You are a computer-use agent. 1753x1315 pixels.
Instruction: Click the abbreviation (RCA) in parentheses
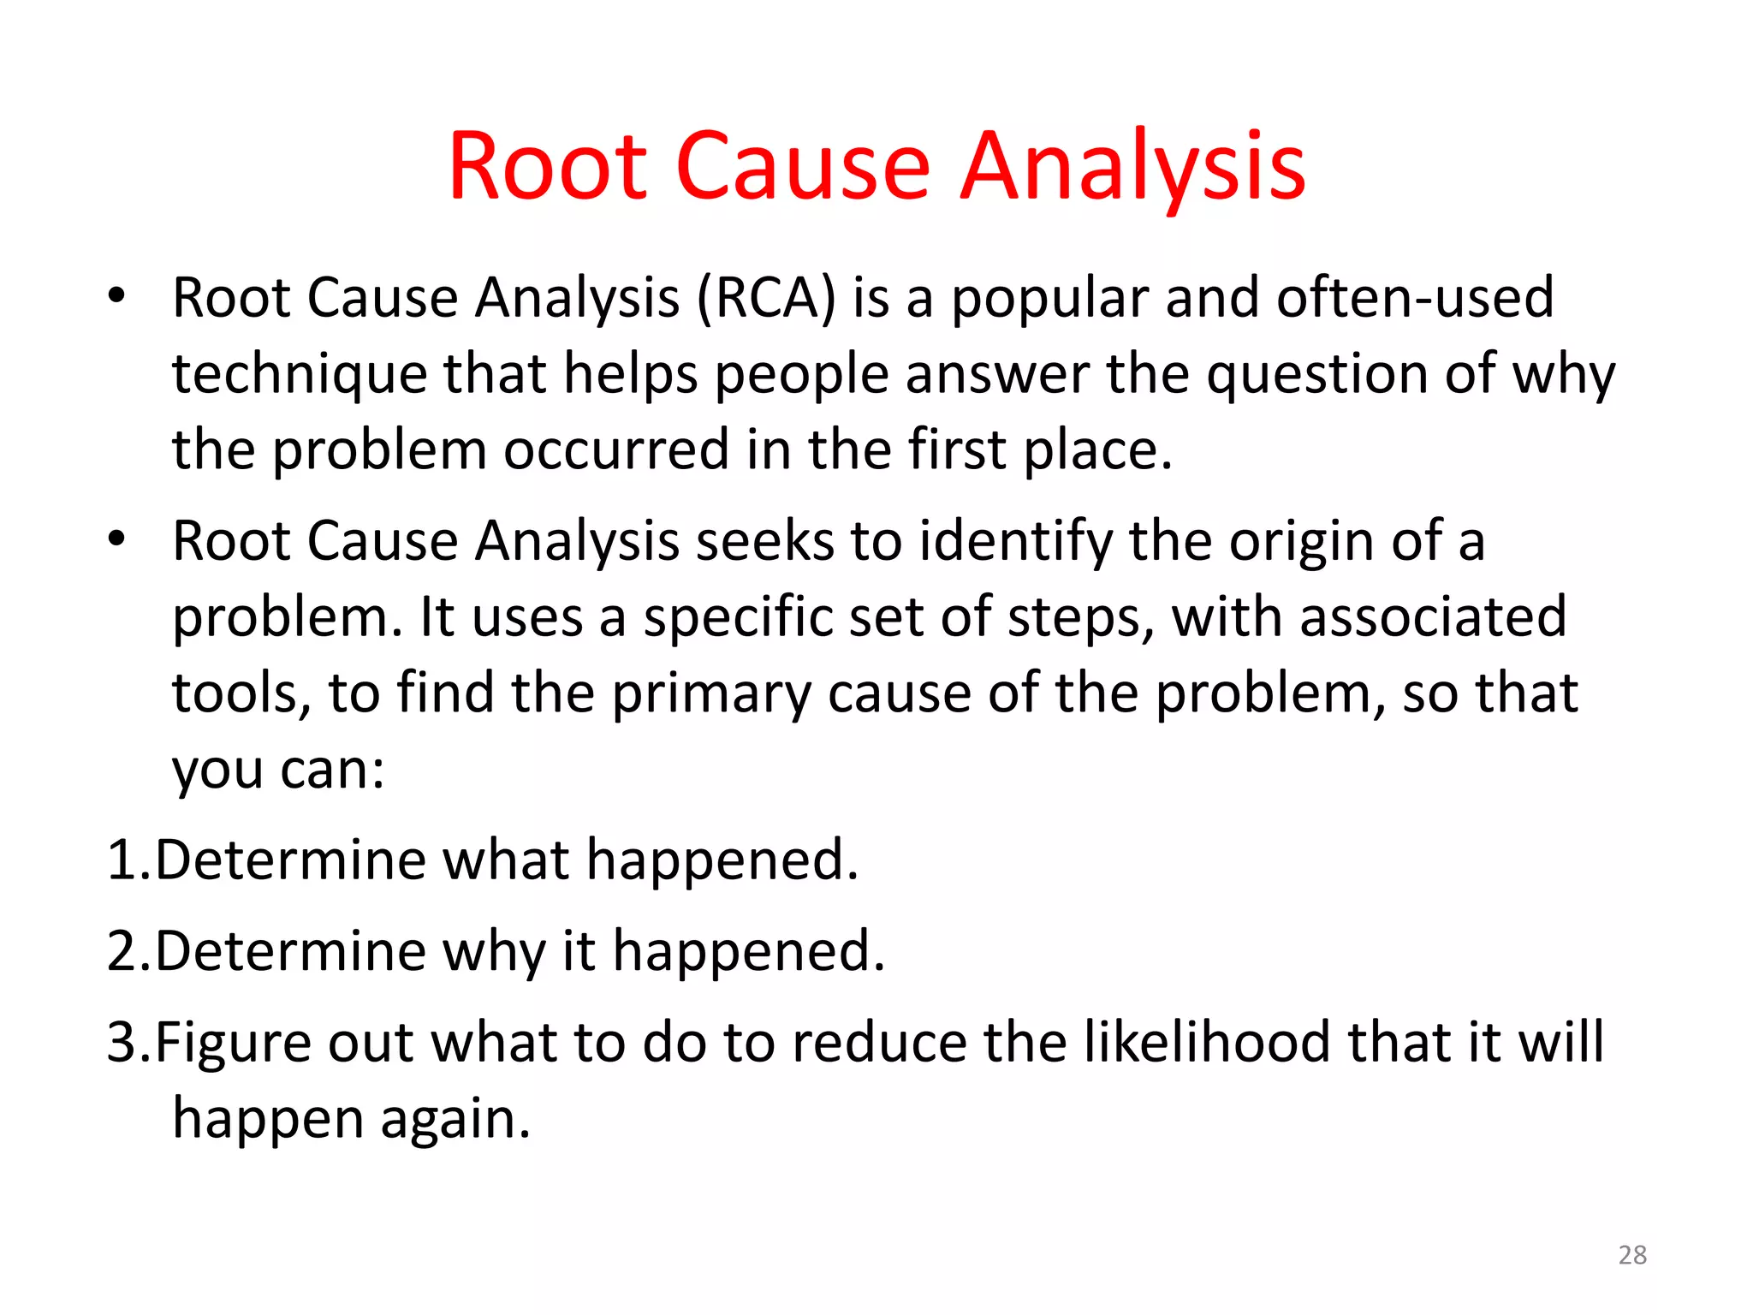point(766,299)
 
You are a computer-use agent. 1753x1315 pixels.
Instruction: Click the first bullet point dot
point(116,297)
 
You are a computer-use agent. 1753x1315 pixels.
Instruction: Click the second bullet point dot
point(116,540)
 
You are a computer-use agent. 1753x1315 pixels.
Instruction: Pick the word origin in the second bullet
point(1302,542)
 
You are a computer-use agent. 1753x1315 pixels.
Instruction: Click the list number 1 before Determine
point(122,860)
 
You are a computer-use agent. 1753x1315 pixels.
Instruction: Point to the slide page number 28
point(1632,1255)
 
